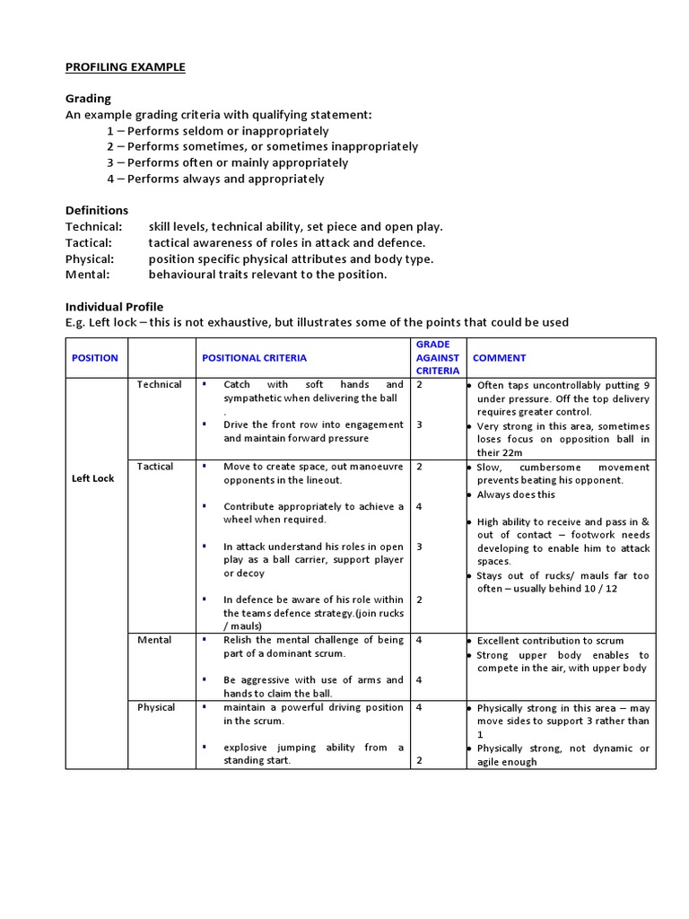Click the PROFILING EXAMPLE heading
(x=125, y=67)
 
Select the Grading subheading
(x=88, y=99)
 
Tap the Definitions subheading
(x=97, y=210)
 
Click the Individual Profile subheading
(x=114, y=307)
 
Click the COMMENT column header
(x=499, y=358)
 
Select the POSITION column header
(x=94, y=358)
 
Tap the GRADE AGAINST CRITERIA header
(x=437, y=357)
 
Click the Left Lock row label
(x=93, y=478)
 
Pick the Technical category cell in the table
(x=159, y=385)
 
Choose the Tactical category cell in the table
(x=156, y=467)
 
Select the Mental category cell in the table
(x=154, y=641)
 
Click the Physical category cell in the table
(x=156, y=708)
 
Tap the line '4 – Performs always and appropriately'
(x=215, y=179)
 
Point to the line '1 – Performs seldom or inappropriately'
(x=217, y=131)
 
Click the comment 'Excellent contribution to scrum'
(x=550, y=641)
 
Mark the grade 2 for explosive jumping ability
(x=419, y=761)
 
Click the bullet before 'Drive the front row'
(x=205, y=424)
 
